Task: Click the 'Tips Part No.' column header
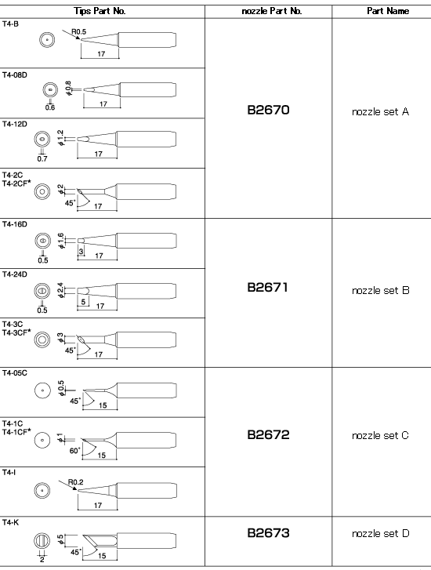(x=100, y=11)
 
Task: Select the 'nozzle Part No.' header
(x=271, y=11)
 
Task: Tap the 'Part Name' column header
(x=388, y=11)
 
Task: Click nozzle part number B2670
(x=268, y=110)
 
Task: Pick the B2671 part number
(x=267, y=287)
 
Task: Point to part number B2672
(x=268, y=434)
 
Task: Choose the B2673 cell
(x=268, y=533)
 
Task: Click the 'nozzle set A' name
(x=381, y=111)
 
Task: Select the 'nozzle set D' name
(x=381, y=533)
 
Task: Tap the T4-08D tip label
(x=15, y=75)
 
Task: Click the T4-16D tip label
(x=15, y=224)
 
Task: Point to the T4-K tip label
(x=10, y=522)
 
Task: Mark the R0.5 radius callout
(x=79, y=31)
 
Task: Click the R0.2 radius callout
(x=75, y=482)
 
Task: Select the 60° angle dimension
(x=74, y=450)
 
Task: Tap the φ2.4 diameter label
(x=60, y=290)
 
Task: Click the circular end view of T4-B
(x=47, y=39)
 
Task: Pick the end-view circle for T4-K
(x=42, y=540)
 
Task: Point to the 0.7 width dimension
(x=42, y=158)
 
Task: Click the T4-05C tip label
(x=15, y=373)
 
